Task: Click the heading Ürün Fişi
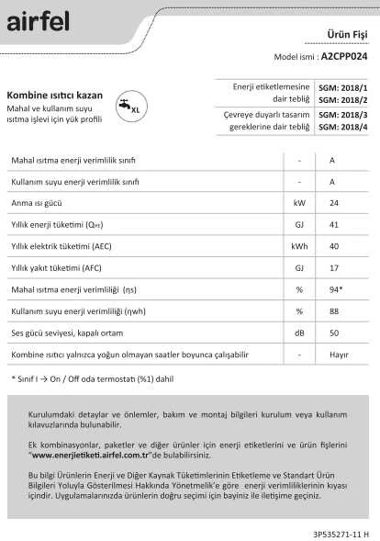pos(347,34)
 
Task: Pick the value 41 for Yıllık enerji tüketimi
pos(333,223)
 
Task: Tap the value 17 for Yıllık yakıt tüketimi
pos(333,267)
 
